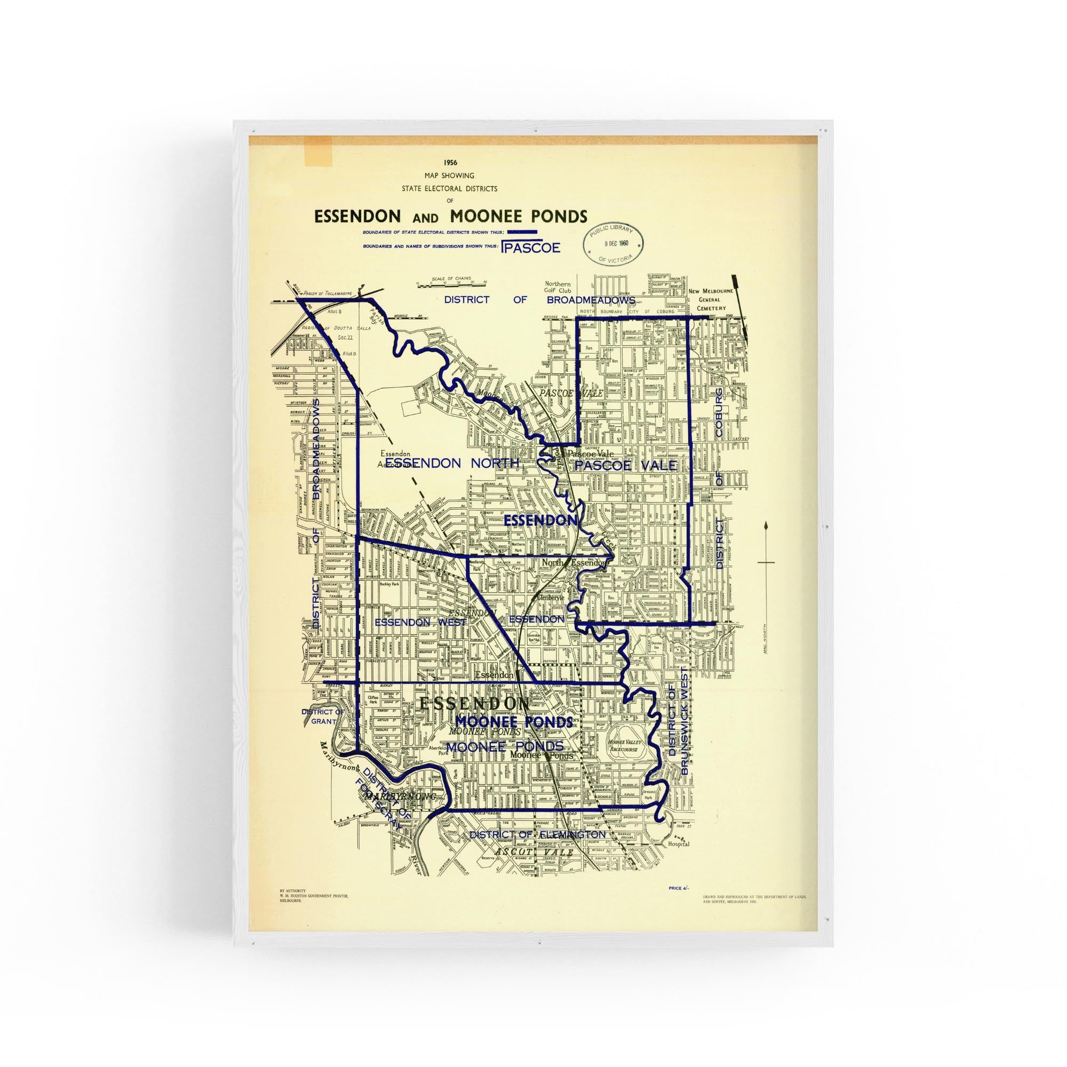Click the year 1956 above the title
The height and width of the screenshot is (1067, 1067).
[x=450, y=163]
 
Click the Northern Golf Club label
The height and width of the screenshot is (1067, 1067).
[x=558, y=287]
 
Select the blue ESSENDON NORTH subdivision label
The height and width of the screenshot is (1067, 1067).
[x=452, y=464]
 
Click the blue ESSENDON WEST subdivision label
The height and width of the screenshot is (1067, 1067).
[x=421, y=622]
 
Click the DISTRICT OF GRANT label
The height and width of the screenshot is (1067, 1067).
[x=323, y=716]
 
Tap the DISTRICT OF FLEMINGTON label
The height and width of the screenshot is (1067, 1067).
[x=537, y=834]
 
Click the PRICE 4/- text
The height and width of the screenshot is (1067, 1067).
[x=678, y=903]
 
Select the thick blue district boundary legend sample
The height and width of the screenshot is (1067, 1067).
[x=522, y=232]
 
